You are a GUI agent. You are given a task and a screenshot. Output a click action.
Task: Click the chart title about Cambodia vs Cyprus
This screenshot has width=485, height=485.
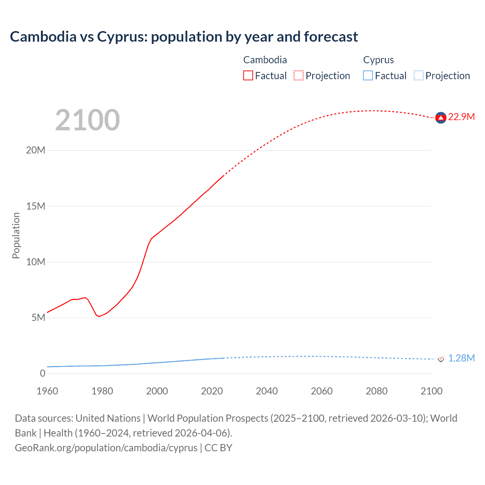184,37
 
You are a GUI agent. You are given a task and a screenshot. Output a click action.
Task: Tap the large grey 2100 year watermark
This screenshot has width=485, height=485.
88,120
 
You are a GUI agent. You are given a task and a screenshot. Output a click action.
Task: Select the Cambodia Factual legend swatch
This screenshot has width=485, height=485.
248,75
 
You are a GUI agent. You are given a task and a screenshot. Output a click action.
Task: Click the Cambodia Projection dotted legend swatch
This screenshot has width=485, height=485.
299,75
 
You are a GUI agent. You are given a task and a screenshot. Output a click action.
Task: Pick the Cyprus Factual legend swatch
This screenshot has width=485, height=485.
368,75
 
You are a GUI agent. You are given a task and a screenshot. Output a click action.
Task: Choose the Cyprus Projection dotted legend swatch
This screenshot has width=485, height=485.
418,75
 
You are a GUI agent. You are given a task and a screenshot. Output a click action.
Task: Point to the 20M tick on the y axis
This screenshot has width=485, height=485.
36,150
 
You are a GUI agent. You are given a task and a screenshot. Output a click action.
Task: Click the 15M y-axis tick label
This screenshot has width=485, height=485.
36,206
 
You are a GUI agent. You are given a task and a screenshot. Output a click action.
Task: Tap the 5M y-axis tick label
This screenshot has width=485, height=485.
38,318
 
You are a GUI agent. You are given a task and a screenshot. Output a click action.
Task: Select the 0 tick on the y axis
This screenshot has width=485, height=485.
42,373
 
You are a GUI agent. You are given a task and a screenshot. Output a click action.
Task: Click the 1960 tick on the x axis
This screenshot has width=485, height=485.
47,391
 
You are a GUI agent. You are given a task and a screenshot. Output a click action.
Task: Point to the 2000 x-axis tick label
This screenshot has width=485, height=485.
157,391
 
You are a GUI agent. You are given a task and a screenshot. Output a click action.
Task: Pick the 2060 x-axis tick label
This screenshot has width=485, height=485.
322,391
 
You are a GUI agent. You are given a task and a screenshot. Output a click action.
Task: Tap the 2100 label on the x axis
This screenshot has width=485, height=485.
431,391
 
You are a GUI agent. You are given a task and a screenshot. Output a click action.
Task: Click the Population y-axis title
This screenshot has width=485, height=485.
16,235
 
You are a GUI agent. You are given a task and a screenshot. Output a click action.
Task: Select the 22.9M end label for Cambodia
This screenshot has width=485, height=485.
461,117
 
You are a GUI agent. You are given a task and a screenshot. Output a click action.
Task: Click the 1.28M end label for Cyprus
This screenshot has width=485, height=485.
461,358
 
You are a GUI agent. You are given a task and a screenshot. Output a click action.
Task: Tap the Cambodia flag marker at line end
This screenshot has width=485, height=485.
440,118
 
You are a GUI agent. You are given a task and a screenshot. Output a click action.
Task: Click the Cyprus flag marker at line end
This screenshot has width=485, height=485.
441,358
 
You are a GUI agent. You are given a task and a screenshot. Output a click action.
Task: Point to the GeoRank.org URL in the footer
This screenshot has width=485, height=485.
106,447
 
